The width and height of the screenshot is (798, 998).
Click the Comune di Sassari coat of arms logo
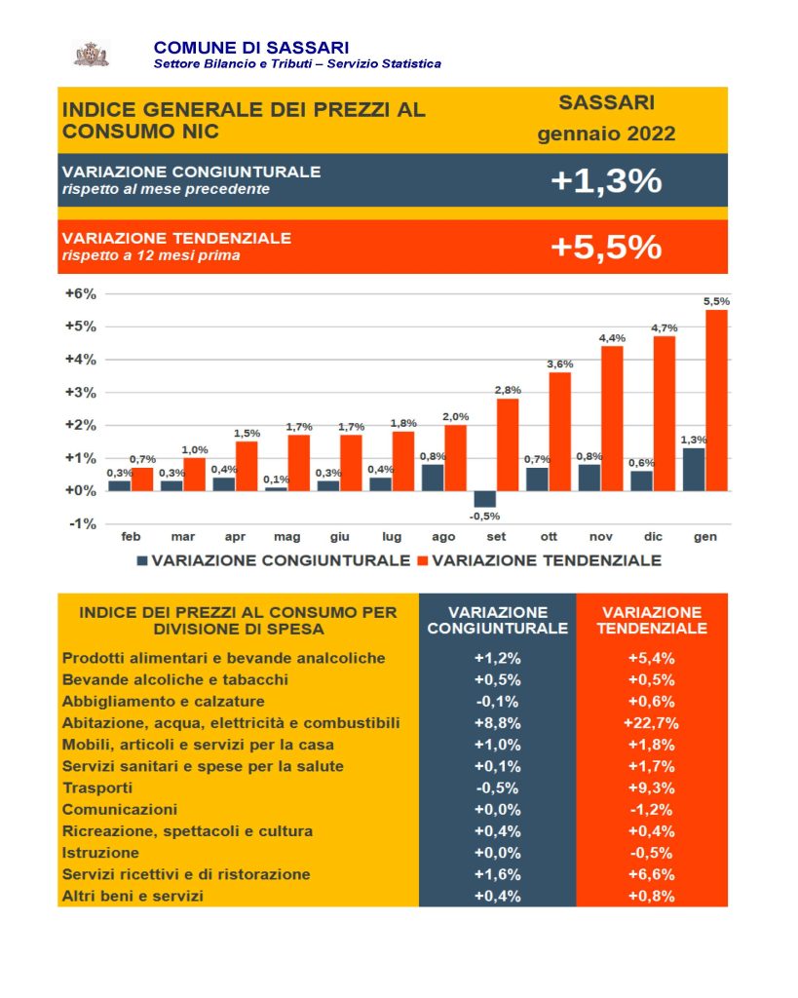(93, 55)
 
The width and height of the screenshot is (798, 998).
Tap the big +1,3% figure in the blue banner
(606, 180)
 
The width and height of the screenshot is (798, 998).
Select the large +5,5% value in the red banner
(606, 247)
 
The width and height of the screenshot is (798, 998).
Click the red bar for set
(508, 444)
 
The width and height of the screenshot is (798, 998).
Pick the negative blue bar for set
(485, 499)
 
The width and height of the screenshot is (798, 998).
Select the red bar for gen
(716, 401)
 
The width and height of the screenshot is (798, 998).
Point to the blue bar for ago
(433, 478)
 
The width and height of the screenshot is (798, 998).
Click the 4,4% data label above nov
(612, 338)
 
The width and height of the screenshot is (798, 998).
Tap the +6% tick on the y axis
(81, 294)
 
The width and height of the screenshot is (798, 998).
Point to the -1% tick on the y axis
(83, 523)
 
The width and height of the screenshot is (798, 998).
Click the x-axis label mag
(287, 537)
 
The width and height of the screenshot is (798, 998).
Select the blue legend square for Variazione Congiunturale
(142, 560)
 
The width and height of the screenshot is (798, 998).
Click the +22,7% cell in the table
(651, 723)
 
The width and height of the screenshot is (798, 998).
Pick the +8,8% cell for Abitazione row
(498, 723)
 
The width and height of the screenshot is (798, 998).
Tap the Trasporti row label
(97, 787)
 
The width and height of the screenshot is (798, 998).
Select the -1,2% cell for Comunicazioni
(651, 810)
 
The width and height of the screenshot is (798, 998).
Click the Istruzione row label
(100, 853)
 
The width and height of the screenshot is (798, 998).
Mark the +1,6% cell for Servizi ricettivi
(498, 874)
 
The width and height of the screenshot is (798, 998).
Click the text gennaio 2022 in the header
(606, 134)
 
